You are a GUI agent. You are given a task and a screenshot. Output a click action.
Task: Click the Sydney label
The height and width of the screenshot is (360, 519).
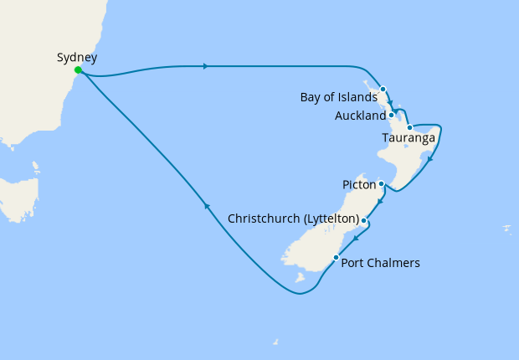point(77,58)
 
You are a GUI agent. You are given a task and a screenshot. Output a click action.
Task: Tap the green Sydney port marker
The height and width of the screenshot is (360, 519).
point(78,70)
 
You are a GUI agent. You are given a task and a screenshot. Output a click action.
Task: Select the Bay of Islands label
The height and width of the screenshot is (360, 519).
point(338,98)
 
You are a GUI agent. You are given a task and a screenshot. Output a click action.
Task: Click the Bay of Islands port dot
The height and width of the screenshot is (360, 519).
point(383,89)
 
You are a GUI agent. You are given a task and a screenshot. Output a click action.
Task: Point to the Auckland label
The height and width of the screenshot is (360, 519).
point(360,116)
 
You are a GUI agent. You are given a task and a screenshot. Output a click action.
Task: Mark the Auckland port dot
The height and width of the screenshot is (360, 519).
point(392,115)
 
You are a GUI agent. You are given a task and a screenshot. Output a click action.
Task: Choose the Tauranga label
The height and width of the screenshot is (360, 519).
point(408,137)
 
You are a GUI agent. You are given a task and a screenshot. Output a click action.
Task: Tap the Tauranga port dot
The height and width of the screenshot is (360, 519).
point(409,128)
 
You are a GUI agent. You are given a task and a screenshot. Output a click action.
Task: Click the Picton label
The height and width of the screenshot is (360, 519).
point(359,183)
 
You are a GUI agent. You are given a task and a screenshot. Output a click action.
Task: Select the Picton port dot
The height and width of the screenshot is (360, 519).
point(381,183)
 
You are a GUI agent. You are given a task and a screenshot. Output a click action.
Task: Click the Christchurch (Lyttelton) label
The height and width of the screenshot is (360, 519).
point(293,219)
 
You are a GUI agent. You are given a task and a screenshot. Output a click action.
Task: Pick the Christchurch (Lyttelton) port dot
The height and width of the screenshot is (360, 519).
point(363,220)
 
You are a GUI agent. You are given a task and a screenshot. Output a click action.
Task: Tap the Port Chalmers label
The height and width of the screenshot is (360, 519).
point(381,263)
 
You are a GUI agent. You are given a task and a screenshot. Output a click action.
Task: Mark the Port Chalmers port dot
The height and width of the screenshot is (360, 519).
point(337,257)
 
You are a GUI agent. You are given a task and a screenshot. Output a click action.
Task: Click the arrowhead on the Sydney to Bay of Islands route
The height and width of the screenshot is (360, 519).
point(205,66)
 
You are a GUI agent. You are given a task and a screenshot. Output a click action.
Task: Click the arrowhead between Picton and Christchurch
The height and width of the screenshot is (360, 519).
point(379,201)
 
